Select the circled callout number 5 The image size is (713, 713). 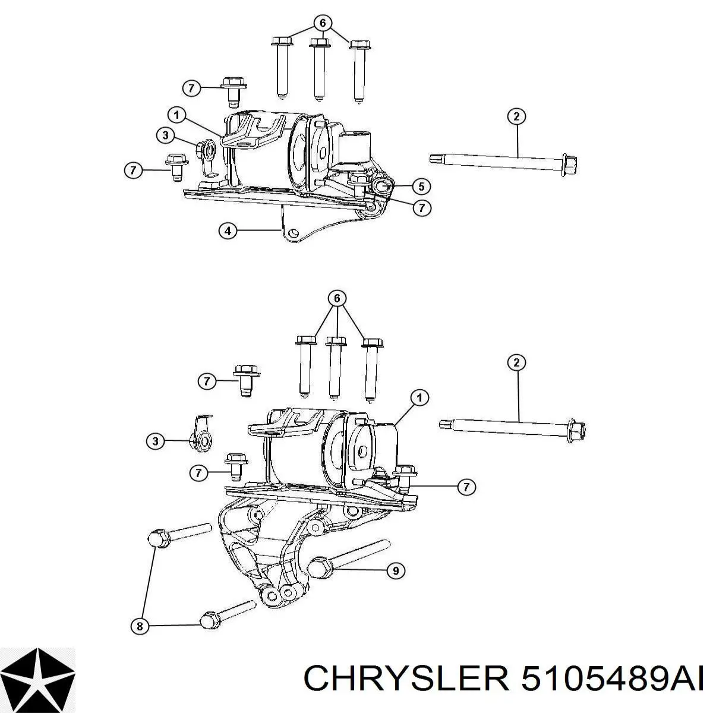[421, 187]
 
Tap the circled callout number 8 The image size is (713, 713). [140, 626]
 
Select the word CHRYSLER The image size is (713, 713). [406, 677]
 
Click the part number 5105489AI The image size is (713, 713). [612, 677]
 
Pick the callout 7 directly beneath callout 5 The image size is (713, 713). [421, 208]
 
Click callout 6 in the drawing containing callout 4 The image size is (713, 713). [323, 23]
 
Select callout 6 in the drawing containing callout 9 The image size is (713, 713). [337, 298]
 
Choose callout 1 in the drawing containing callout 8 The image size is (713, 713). [419, 397]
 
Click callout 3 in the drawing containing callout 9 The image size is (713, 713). [155, 441]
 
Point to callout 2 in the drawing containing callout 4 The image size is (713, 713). [516, 116]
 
